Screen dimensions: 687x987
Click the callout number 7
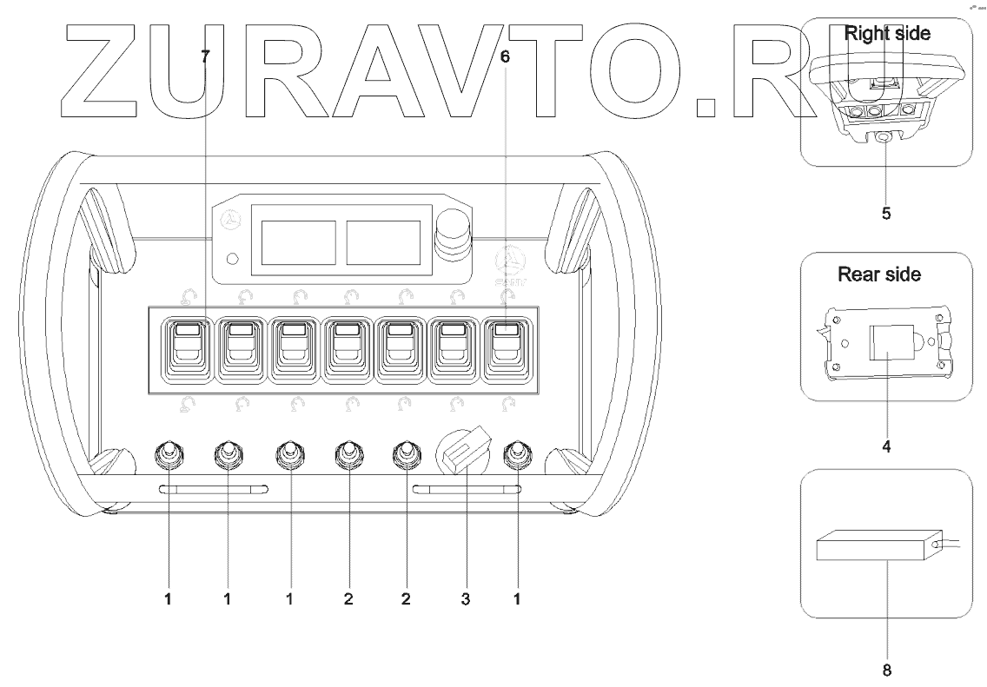[x=206, y=57]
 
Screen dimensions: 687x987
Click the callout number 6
[x=506, y=57]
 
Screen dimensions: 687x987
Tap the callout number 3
[x=466, y=599]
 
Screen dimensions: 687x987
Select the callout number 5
[x=885, y=212]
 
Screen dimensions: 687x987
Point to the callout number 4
[x=885, y=448]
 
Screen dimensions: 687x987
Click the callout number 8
[x=885, y=670]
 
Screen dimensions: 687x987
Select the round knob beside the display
[x=453, y=233]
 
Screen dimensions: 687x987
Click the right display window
[x=382, y=241]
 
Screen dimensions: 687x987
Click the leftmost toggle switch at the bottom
[x=168, y=454]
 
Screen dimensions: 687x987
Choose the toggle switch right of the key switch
[x=518, y=454]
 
